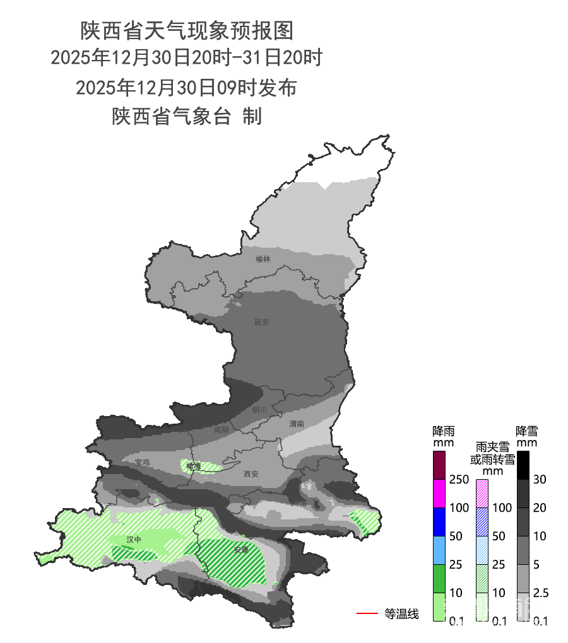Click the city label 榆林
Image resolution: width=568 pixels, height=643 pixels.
pos(263,259)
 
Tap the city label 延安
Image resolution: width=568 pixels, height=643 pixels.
pos(262,321)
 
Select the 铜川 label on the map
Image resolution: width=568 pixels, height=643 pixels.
pos(259,410)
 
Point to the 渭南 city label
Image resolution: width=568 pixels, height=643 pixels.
pos(297,424)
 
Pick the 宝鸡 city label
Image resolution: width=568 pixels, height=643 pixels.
pos(142,462)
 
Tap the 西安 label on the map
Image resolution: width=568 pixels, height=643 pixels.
pos(251,474)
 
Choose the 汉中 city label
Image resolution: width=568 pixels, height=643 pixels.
pos(134,540)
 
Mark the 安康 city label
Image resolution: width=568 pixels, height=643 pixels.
pos(241,549)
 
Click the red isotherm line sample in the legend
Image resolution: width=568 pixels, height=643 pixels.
pos(367,613)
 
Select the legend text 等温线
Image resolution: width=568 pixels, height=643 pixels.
pos(401,613)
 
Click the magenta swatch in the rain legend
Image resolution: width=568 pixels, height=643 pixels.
pos(440,493)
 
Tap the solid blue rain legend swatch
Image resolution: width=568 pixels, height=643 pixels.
pos(440,521)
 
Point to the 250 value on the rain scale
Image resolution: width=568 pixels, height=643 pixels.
pos(459,480)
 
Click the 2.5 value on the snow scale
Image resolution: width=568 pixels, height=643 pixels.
pos(540,593)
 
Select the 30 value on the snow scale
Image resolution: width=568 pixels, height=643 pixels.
pos(538,480)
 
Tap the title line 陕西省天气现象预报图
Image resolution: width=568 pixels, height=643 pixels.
pos(187,30)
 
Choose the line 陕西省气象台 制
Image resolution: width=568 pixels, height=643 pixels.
pos(187,116)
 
